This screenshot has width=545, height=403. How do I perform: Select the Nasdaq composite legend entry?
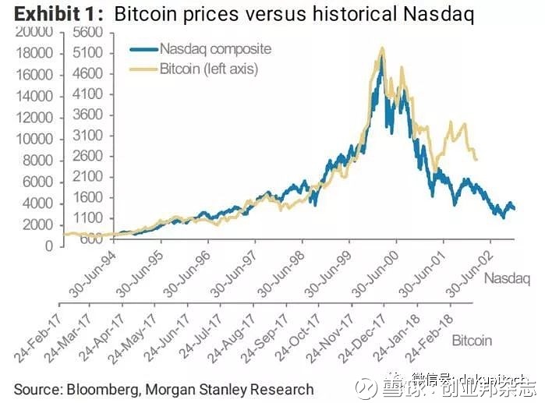pyautogui.click(x=214, y=48)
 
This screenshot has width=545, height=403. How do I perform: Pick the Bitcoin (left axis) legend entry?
pyautogui.click(x=208, y=69)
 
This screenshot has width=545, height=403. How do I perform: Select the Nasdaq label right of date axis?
pyautogui.click(x=507, y=278)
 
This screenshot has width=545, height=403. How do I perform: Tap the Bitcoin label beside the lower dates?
pyautogui.click(x=472, y=341)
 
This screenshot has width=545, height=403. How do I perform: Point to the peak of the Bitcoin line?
pyautogui.click(x=381, y=48)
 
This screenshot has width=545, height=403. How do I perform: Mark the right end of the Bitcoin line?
pyautogui.click(x=476, y=160)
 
